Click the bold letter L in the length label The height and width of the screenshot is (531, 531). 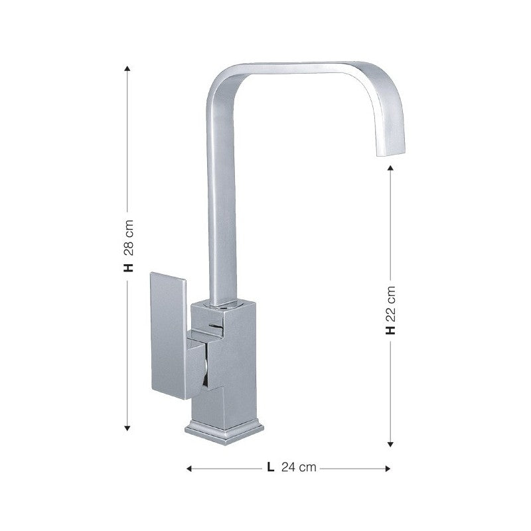click(270, 467)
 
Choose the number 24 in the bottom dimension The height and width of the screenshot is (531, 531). click(289, 467)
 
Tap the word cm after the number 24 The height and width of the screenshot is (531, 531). click(307, 467)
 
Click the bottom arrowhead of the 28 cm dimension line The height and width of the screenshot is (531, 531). click(128, 428)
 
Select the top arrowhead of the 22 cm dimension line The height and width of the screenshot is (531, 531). click(392, 171)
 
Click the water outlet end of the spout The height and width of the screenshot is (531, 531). click(392, 153)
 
